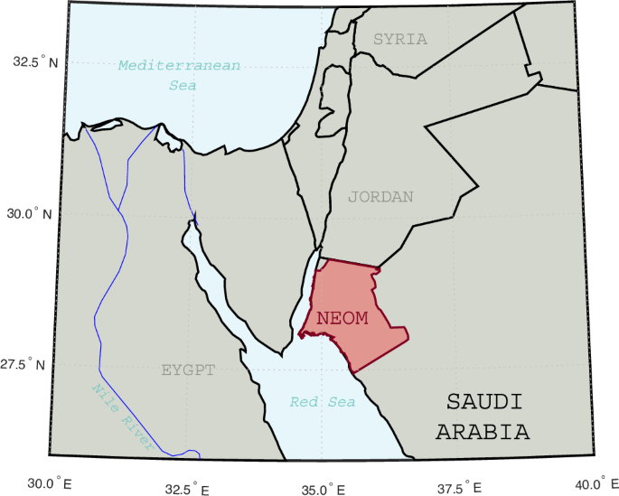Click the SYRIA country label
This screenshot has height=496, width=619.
[x=400, y=39]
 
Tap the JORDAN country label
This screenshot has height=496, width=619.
[x=380, y=197]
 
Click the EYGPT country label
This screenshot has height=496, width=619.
[x=188, y=370]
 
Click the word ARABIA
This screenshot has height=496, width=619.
[x=483, y=432]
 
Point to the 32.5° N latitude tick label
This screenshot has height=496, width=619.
[x=34, y=62]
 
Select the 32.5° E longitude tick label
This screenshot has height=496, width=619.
[x=191, y=489]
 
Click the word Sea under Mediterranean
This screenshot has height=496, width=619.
[x=183, y=86]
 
